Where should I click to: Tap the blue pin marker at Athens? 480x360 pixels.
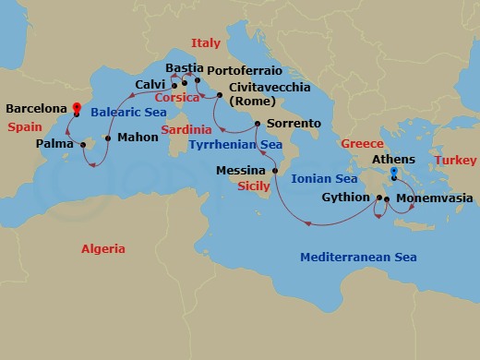394,173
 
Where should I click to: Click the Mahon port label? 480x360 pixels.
138,138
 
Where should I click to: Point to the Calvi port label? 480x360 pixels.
150,84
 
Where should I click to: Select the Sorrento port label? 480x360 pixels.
294,123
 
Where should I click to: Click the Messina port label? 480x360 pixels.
240,171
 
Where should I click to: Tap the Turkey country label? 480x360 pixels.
456,160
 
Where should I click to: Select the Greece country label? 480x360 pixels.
362,144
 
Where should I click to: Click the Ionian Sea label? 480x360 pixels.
323,179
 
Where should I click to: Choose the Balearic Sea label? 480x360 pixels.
128,110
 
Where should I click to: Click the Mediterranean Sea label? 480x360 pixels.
357,258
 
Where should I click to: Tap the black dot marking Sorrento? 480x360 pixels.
258,123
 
